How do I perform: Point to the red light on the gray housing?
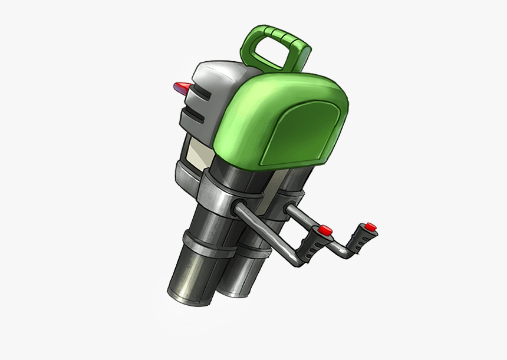(x=182, y=88)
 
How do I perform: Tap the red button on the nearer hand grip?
(x=325, y=230)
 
